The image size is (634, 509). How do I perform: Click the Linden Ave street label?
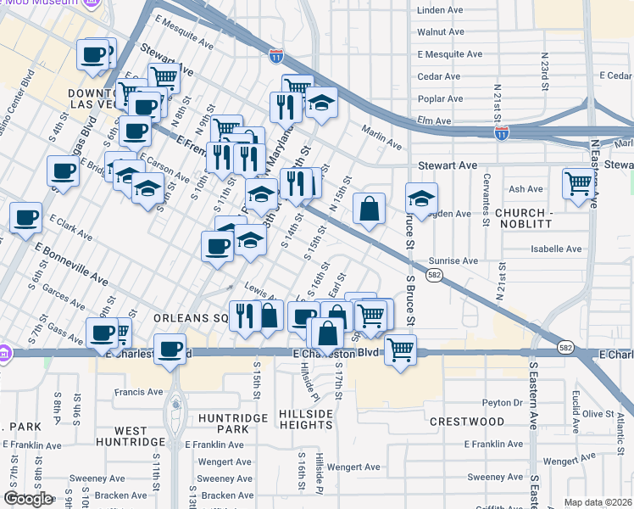[440, 10]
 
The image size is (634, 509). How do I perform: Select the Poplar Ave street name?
[440, 98]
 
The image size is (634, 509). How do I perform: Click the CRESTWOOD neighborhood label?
[466, 422]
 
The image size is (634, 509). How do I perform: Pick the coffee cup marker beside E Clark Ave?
[25, 216]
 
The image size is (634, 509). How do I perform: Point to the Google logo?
[29, 499]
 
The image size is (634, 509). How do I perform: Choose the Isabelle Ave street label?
[556, 249]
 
